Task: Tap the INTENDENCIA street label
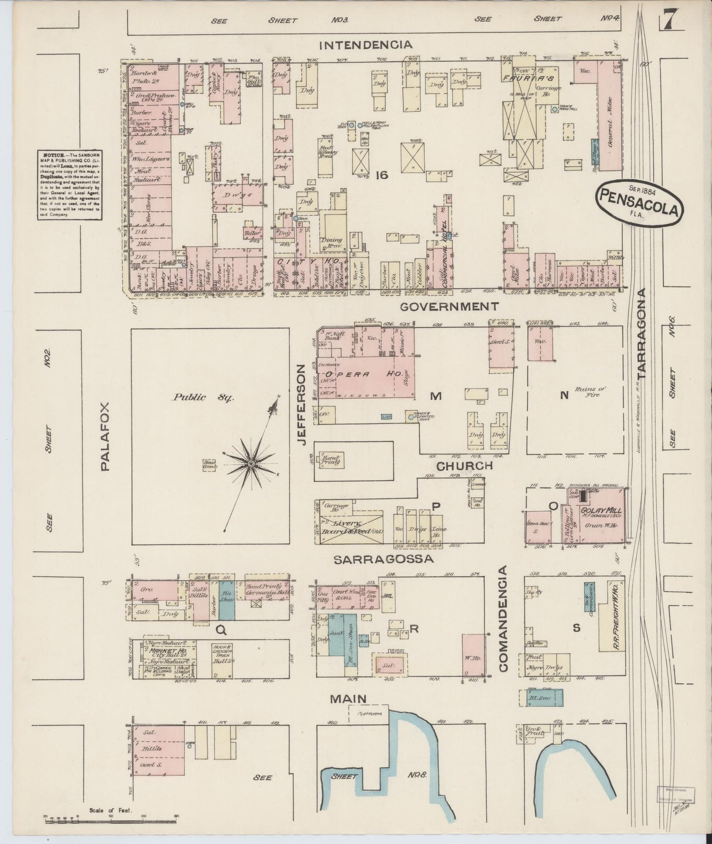pos(365,45)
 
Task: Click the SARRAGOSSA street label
pos(383,559)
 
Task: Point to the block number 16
pos(381,174)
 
